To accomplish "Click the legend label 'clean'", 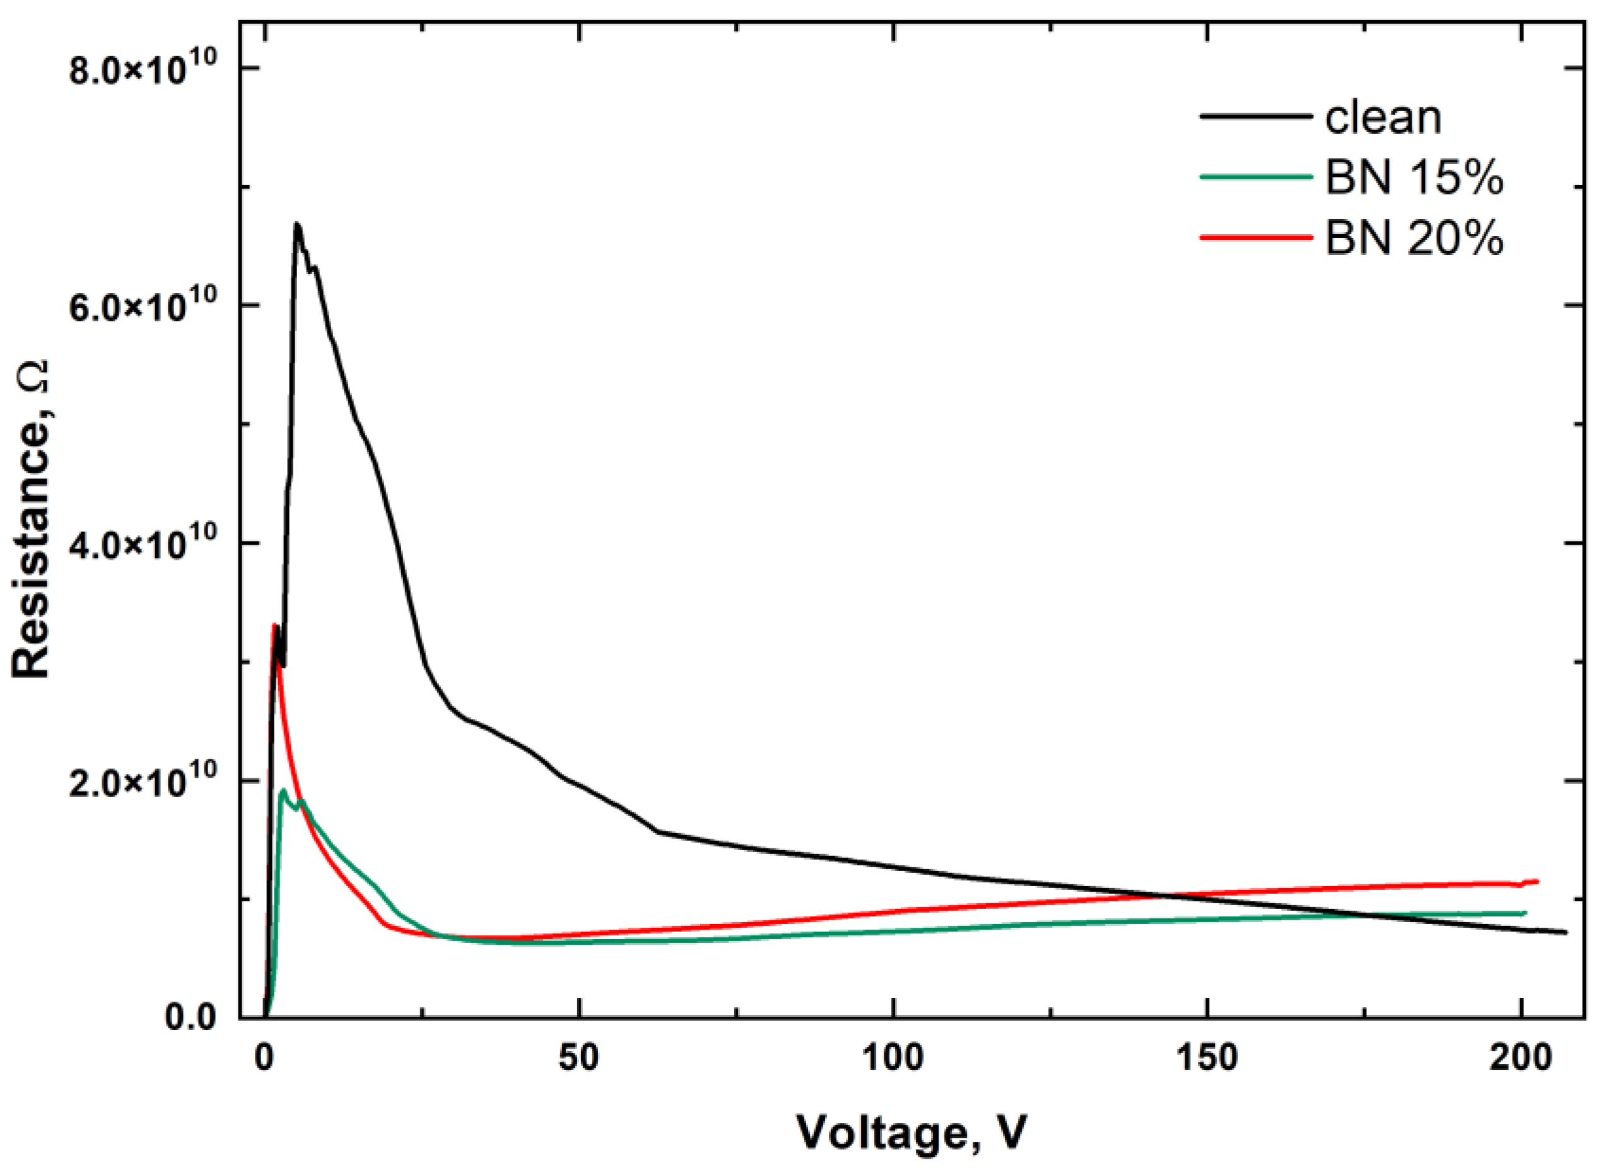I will (1383, 117).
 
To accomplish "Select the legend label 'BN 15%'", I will (1414, 179).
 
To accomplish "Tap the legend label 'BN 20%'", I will (1414, 239).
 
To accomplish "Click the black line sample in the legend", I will (1255, 116).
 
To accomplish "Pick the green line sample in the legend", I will (1255, 177).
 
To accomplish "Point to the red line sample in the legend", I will (1255, 237).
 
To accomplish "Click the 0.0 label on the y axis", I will (190, 1017).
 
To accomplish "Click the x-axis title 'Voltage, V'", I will (911, 1133).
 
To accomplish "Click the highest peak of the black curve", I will (297, 224).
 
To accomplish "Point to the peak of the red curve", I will (274, 626).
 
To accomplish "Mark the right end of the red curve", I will (1537, 881).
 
